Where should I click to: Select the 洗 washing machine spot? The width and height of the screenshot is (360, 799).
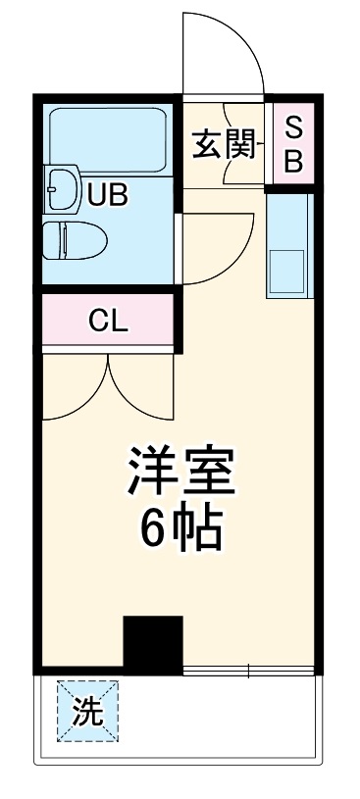[87, 712]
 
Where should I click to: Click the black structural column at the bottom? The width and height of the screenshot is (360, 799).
[153, 644]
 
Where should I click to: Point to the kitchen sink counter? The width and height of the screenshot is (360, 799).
[288, 245]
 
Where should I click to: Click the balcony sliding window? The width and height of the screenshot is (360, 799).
[249, 671]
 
